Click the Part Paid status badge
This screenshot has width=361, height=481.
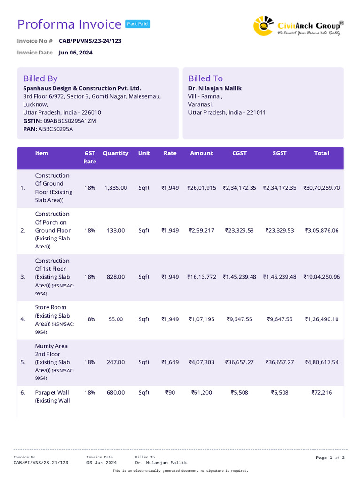coord(138,24)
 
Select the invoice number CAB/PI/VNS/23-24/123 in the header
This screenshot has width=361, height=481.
coord(90,41)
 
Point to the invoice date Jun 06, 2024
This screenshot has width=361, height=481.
coord(75,53)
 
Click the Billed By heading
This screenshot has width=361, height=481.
coord(40,78)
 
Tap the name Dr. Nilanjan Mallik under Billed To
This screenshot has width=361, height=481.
coord(215,88)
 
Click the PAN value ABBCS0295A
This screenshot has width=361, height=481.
coord(55,129)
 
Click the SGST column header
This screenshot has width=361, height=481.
coord(279,153)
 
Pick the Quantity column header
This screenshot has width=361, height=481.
coord(116,153)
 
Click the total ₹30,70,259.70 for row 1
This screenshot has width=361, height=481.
coord(322,188)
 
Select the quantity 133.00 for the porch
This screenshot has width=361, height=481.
coord(116,230)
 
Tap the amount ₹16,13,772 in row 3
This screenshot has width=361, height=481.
coord(202,277)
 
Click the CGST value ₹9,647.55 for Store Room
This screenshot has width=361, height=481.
coord(239,319)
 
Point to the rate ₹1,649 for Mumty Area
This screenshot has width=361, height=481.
coord(170,362)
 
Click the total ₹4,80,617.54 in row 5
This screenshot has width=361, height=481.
coord(322,362)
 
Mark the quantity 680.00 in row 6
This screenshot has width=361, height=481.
coord(116,393)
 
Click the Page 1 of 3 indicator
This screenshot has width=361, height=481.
coord(330,458)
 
